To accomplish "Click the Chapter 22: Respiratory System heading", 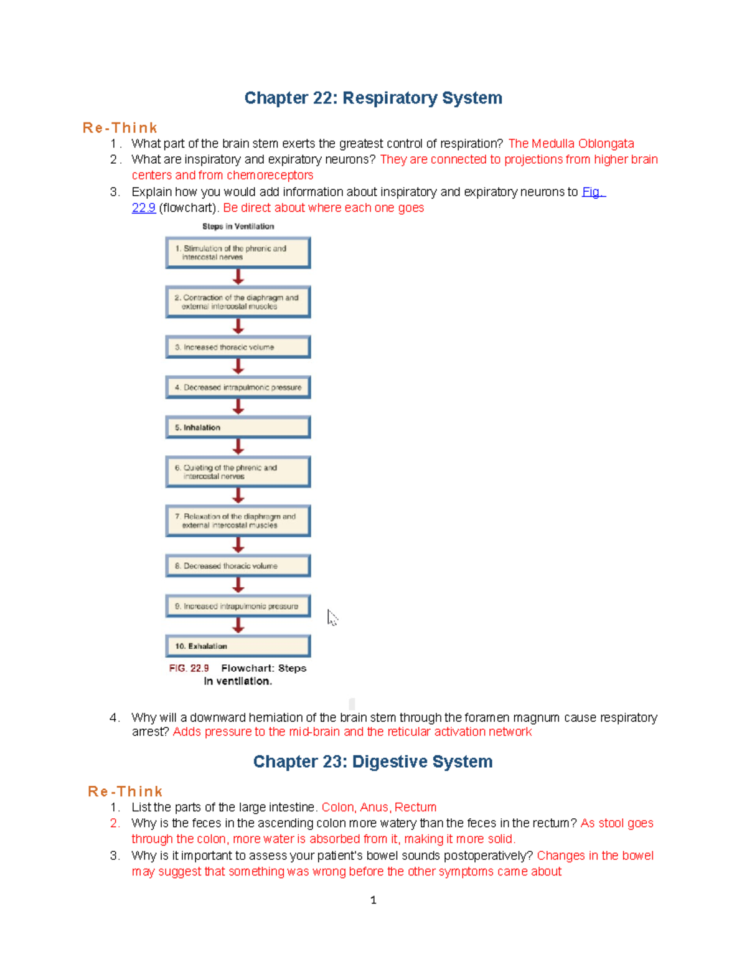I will [x=373, y=98].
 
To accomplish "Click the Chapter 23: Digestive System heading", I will [x=373, y=762].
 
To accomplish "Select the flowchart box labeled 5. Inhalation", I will [x=238, y=428].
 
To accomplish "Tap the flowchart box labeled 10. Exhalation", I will [x=238, y=646].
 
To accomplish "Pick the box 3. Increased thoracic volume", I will [x=238, y=347].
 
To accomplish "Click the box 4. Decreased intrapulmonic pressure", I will [x=238, y=387].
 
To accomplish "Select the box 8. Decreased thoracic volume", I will [x=238, y=566].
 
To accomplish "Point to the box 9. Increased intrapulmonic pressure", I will [x=238, y=606].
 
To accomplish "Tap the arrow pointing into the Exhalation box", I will [x=238, y=626].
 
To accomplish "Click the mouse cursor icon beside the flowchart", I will [x=332, y=618].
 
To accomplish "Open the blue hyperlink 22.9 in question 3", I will [x=144, y=208].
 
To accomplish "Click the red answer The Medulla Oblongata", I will [x=571, y=144].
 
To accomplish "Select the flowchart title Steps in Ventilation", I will [x=238, y=227].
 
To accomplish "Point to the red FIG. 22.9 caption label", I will [x=189, y=668].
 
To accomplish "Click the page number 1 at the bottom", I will [x=373, y=900].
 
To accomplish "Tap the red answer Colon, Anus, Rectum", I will [x=378, y=808].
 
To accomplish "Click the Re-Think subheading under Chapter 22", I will [x=120, y=128].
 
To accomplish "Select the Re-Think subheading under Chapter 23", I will [x=125, y=791].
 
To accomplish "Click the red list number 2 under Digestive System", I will [x=115, y=823].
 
